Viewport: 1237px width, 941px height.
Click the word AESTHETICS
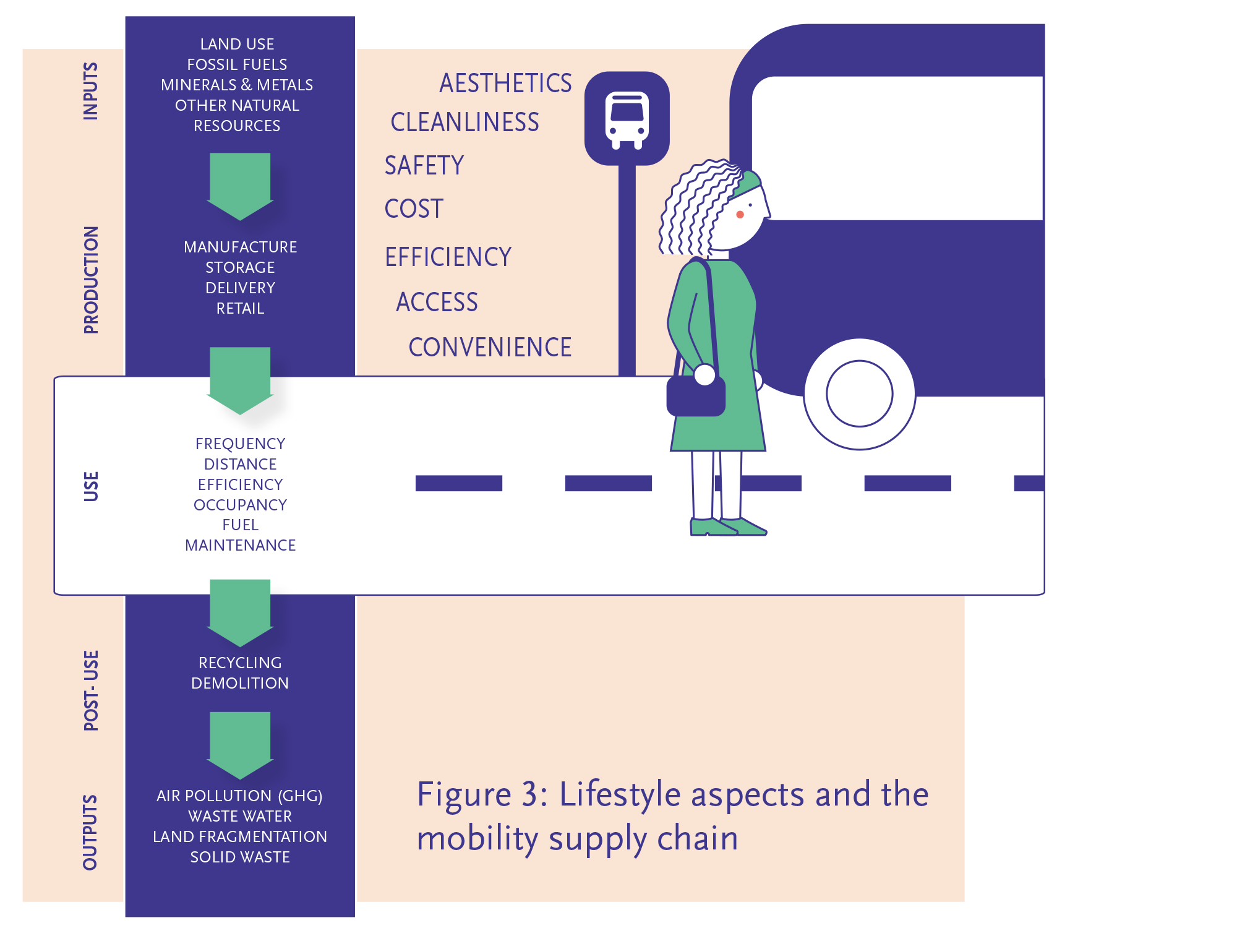505,84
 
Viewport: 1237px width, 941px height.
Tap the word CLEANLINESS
464,122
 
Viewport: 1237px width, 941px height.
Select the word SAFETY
424,166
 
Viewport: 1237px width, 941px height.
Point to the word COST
414,209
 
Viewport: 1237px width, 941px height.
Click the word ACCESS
437,303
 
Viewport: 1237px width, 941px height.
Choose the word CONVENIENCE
490,348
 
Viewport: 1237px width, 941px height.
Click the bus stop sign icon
627,119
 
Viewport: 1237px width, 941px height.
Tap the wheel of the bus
859,394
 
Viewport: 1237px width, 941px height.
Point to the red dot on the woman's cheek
740,215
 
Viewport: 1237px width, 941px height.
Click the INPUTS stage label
91,91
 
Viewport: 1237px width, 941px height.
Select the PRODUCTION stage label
91,280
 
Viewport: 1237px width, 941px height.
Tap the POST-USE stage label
91,690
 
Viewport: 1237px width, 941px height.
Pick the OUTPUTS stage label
91,832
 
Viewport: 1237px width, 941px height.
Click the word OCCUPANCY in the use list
240,505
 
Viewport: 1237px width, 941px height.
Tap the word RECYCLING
240,663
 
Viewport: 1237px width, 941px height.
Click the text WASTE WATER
240,816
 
